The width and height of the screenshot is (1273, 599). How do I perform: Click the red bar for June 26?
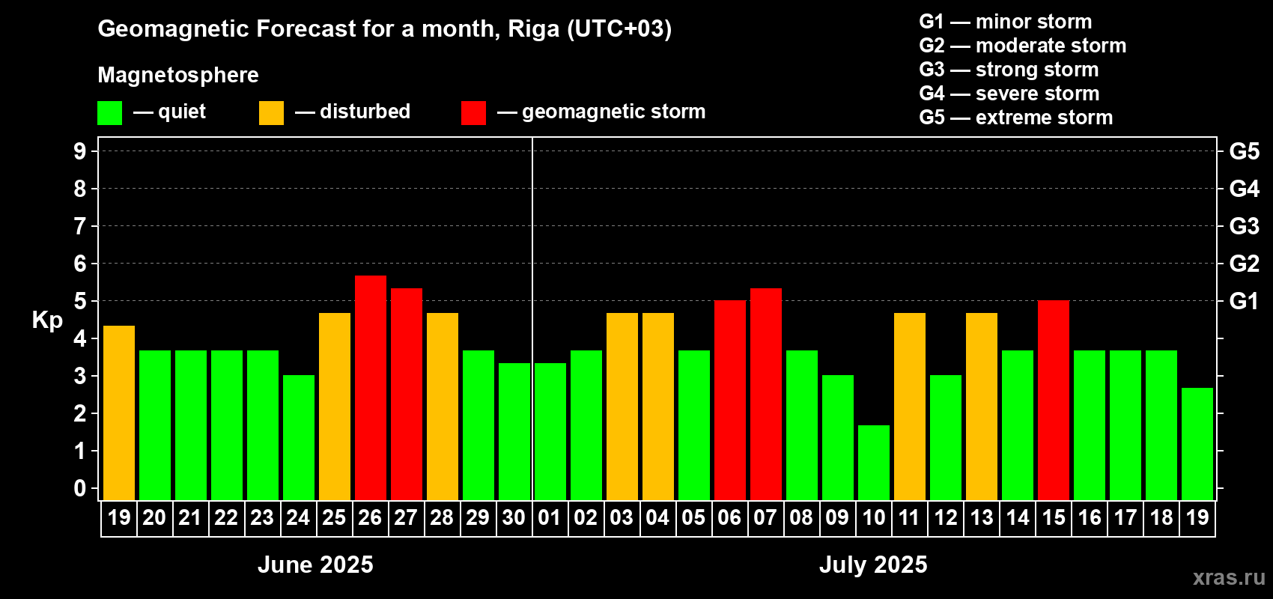pos(371,387)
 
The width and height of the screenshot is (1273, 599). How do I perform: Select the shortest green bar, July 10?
pos(874,462)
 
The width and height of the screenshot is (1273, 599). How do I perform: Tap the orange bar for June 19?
pos(119,413)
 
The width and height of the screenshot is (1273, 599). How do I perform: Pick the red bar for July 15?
pos(1054,400)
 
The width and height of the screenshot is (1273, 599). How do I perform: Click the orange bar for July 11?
pos(910,406)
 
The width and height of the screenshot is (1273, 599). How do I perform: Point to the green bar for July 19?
pos(1197,443)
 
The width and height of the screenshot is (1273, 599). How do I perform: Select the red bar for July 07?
pos(766,394)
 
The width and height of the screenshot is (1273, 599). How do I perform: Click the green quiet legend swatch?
pos(110,113)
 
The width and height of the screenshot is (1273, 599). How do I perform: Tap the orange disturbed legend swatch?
pos(271,113)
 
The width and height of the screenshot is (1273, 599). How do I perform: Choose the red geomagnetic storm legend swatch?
pos(473,113)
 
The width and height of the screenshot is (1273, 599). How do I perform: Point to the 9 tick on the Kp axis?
pos(80,151)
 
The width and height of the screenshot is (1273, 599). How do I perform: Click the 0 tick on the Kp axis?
pos(80,489)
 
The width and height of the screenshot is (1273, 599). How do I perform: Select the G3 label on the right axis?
pos(1244,226)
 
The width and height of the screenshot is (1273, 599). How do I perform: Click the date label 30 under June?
pos(514,517)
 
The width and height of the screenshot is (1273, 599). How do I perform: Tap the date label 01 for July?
pos(550,517)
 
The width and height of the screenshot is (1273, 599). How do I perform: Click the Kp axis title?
pos(47,320)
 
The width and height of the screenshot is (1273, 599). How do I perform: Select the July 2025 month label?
pos(873,565)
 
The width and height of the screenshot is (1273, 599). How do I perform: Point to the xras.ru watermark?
pos(1228,577)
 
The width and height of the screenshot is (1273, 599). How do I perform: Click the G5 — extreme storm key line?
pos(1015,118)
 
